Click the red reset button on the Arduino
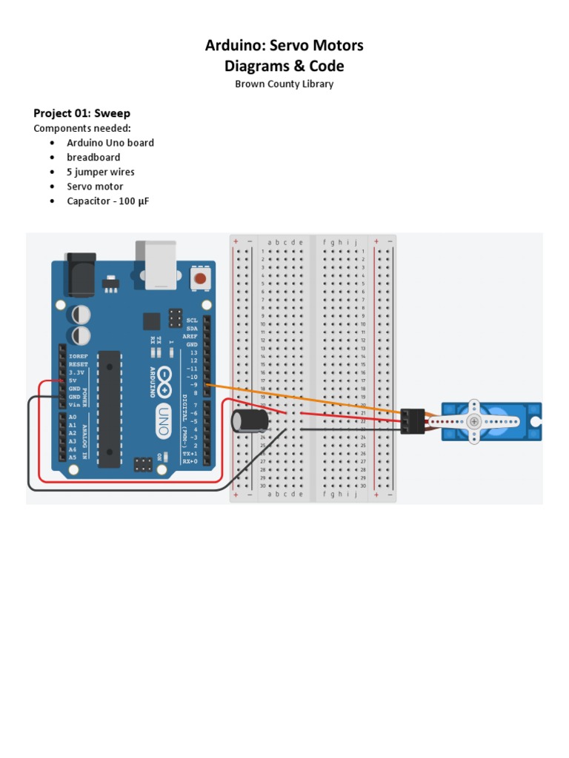(x=199, y=279)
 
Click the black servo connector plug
(x=413, y=421)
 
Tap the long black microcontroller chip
(x=109, y=408)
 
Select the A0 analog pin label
(x=72, y=417)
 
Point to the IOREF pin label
(x=78, y=356)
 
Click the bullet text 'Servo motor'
(x=95, y=187)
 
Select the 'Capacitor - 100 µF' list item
(x=107, y=201)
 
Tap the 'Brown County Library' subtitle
(x=284, y=84)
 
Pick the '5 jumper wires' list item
(x=100, y=172)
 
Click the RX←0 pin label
(x=190, y=461)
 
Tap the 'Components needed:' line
(x=81, y=128)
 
